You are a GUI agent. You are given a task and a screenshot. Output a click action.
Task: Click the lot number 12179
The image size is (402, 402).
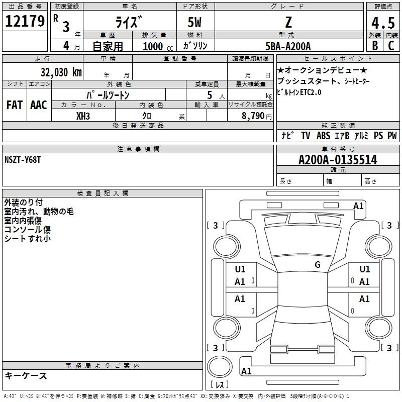(x=25, y=21)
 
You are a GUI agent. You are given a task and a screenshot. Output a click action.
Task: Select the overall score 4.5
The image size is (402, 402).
(x=383, y=23)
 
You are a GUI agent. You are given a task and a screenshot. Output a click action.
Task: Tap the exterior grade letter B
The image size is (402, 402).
(x=375, y=46)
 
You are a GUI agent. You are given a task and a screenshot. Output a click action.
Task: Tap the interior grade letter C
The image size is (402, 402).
(x=391, y=46)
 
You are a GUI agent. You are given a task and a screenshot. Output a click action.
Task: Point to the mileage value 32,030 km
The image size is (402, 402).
(x=61, y=72)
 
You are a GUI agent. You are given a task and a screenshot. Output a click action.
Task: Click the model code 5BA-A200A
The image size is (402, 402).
(x=288, y=46)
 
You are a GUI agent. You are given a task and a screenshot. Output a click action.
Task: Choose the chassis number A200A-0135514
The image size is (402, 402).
(x=338, y=160)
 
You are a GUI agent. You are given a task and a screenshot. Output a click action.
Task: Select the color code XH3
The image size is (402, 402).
(x=83, y=116)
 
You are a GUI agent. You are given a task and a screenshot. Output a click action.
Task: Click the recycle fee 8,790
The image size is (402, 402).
(x=253, y=116)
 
